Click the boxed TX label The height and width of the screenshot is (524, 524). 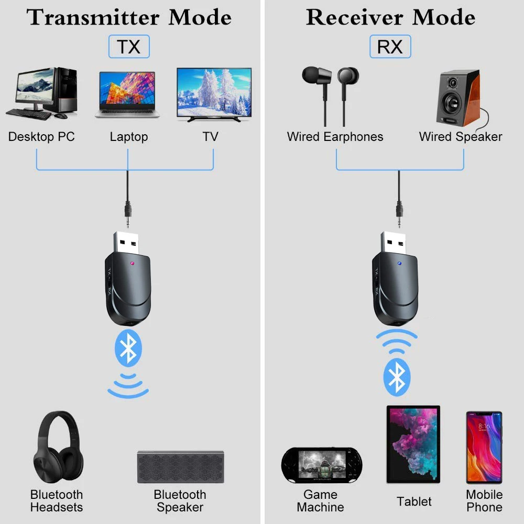(129, 47)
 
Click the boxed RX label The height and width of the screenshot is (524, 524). (390, 47)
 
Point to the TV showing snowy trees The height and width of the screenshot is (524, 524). (214, 93)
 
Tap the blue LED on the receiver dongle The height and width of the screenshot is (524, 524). (400, 264)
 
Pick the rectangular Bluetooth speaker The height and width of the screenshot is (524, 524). (181, 467)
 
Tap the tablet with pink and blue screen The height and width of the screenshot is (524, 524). (413, 444)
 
